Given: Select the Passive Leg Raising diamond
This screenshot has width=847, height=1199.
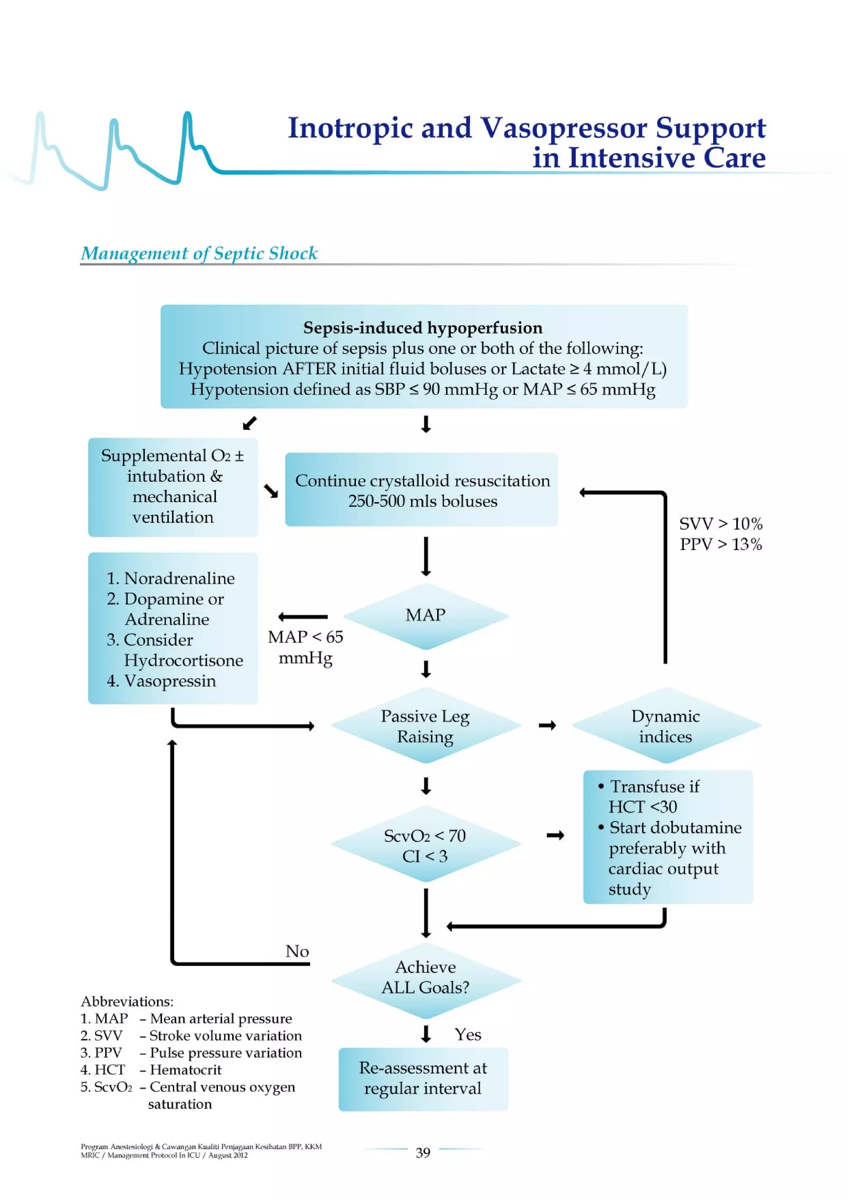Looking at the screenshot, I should click(425, 726).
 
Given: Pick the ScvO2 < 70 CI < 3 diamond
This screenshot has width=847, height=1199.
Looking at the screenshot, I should click(425, 845).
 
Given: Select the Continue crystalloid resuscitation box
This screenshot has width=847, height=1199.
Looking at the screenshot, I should click(422, 490).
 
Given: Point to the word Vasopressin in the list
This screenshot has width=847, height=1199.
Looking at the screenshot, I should click(170, 681).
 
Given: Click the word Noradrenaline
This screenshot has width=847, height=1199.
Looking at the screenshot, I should click(179, 578).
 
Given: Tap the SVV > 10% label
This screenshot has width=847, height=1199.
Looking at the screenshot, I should click(720, 524).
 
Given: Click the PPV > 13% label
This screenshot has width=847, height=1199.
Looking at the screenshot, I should click(720, 544).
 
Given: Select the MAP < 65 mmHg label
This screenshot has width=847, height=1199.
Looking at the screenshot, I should click(306, 647).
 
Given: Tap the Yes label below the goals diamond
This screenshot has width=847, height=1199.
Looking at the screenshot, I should click(467, 1034).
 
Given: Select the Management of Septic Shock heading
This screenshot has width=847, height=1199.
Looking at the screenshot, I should click(199, 253).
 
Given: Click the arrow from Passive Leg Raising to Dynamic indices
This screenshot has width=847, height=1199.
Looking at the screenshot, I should click(547, 725).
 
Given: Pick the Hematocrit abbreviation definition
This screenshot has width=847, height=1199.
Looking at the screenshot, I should click(185, 1070).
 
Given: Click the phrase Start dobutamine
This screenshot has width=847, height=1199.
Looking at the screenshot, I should click(675, 828).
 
